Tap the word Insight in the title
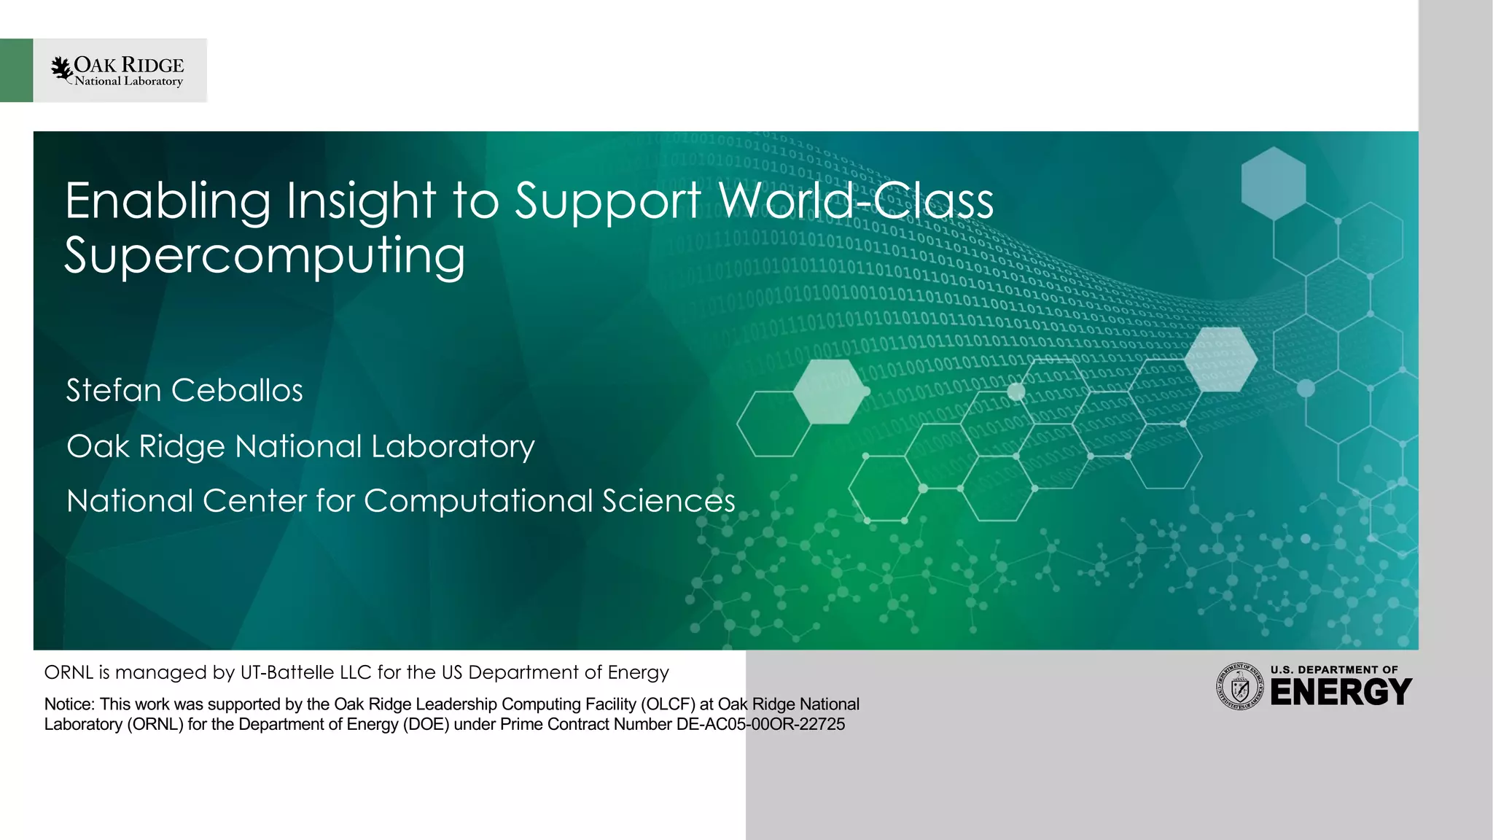(x=361, y=201)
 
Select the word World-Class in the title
(x=855, y=201)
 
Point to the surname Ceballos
(x=237, y=390)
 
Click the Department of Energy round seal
(x=1239, y=687)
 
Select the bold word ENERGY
(x=1341, y=693)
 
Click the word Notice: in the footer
(x=69, y=704)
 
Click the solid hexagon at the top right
(x=1274, y=183)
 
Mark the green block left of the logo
(x=16, y=70)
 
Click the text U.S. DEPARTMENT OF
(x=1334, y=669)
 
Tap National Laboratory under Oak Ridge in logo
(x=128, y=82)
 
